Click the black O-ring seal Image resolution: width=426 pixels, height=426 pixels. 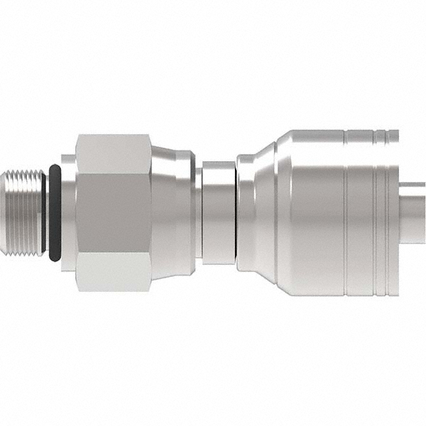click(55, 212)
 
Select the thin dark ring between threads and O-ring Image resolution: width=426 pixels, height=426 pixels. click(44, 212)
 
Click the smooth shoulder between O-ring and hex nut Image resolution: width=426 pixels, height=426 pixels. click(68, 212)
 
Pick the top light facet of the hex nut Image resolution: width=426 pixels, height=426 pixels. click(113, 153)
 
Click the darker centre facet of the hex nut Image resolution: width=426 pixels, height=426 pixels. click(113, 212)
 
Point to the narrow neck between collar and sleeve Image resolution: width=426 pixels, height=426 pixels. click(199, 212)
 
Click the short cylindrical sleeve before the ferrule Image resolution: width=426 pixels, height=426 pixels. click(219, 212)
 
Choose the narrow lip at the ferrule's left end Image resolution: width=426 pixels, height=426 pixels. click(246, 212)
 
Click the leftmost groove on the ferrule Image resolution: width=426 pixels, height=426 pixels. click(346, 212)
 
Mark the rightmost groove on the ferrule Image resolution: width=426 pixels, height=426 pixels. click(387, 212)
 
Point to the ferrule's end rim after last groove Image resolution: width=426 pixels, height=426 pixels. click(394, 212)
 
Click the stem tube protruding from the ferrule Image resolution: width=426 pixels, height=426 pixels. click(413, 212)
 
